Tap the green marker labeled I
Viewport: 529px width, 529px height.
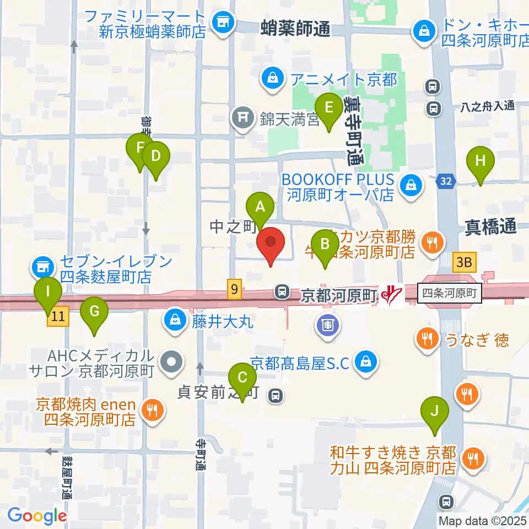tap(47, 292)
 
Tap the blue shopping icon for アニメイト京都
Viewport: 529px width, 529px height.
tap(273, 79)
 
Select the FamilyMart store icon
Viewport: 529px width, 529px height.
tap(222, 22)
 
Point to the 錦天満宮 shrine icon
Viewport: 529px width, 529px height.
tap(242, 116)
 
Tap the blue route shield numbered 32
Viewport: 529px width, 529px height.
tap(445, 180)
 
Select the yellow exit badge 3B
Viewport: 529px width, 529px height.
tap(463, 263)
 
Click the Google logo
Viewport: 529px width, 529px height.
tap(37, 515)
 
